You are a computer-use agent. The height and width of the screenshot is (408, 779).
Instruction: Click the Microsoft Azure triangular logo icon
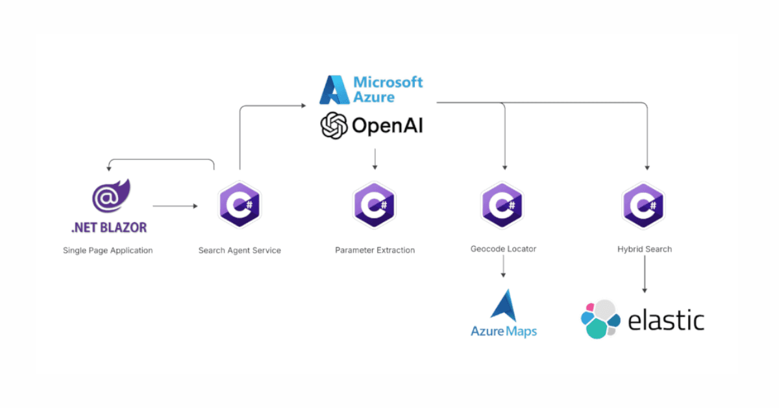tap(335, 90)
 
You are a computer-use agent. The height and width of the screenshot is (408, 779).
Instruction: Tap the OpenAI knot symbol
tap(334, 125)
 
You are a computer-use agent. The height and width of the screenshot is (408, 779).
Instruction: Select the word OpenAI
tap(388, 125)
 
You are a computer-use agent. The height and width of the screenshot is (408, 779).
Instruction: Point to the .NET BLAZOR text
tap(109, 227)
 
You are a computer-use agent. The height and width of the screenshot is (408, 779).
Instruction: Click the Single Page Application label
tap(108, 250)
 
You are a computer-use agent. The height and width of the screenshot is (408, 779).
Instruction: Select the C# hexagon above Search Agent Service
tap(240, 204)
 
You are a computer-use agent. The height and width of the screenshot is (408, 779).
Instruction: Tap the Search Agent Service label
tap(240, 250)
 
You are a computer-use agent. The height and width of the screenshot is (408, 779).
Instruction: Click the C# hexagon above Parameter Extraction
tap(375, 204)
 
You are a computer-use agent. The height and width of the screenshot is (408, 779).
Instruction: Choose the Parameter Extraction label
tap(375, 250)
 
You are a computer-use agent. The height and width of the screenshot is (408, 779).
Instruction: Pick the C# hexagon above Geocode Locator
tap(503, 204)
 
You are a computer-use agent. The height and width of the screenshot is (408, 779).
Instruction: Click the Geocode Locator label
tap(503, 249)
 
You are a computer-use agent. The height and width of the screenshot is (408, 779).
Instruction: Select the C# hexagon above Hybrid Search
tap(643, 204)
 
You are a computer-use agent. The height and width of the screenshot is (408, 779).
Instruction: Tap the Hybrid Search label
tap(644, 249)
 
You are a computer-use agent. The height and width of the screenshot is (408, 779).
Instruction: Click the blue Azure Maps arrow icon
tap(504, 305)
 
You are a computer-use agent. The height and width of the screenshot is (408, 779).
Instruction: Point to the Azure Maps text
tap(504, 331)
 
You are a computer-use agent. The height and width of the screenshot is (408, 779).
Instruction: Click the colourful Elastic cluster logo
tap(599, 319)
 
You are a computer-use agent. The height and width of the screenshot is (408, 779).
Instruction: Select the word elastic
tap(666, 320)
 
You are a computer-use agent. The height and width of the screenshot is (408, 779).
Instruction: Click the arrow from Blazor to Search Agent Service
tap(175, 206)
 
